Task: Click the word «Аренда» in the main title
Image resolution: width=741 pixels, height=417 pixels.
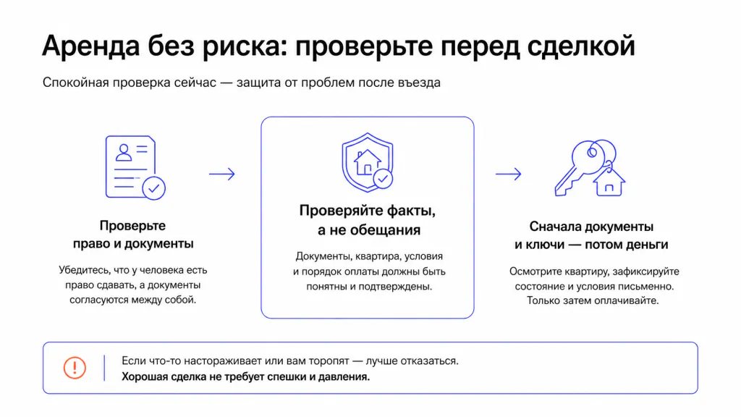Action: pyautogui.click(x=90, y=46)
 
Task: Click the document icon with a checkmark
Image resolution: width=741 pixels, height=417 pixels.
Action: pyautogui.click(x=135, y=167)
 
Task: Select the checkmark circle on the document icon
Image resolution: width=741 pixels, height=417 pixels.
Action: pyautogui.click(x=153, y=188)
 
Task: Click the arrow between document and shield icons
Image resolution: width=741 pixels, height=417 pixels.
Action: pyautogui.click(x=222, y=174)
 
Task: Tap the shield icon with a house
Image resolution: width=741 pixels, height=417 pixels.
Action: pyautogui.click(x=368, y=162)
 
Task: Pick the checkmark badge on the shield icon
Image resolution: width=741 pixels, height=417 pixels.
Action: pyautogui.click(x=383, y=179)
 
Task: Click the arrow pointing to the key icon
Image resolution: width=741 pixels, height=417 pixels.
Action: pyautogui.click(x=509, y=174)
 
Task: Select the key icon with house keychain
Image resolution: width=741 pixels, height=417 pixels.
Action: pyautogui.click(x=590, y=168)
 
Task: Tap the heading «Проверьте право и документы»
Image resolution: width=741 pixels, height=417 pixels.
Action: pyautogui.click(x=133, y=235)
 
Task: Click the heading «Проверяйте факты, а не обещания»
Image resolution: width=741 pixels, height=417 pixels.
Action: pyautogui.click(x=367, y=220)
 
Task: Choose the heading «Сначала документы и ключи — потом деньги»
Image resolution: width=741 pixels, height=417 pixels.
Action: pyautogui.click(x=591, y=235)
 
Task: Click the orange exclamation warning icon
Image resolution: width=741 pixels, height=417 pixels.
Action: pyautogui.click(x=75, y=368)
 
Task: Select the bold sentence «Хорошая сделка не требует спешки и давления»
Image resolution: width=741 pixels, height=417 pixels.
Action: pyautogui.click(x=246, y=376)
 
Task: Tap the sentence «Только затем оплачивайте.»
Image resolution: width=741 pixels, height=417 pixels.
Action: pyautogui.click(x=593, y=300)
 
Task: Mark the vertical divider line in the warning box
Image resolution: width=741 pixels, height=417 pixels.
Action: pyautogui.click(x=104, y=368)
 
